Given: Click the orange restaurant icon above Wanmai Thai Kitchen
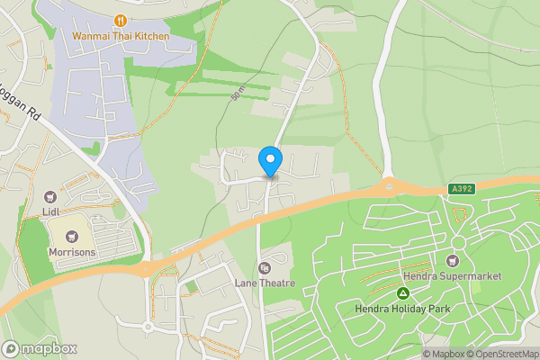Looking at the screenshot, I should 119,19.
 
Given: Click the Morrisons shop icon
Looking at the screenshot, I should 71,236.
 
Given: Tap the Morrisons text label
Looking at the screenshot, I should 72,253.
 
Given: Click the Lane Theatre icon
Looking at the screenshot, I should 265,267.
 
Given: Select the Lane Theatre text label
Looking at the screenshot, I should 265,283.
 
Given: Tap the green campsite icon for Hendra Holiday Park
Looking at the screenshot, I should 403,293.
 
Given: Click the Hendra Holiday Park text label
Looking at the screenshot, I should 403,310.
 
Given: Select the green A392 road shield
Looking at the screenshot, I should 460,188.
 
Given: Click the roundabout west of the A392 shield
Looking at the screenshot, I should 389,187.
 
